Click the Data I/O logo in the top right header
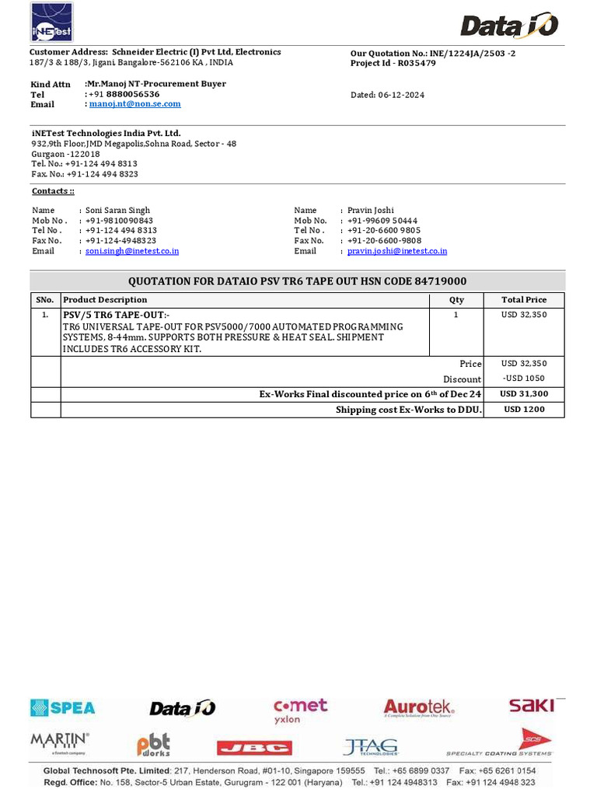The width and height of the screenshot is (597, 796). click(509, 26)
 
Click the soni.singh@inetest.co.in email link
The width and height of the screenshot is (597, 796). click(132, 251)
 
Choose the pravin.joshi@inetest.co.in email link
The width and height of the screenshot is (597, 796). click(396, 251)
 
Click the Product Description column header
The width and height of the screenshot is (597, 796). click(105, 299)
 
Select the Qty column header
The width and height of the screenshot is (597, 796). click(456, 299)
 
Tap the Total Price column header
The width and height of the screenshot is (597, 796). click(524, 299)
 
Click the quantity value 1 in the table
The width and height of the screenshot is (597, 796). click(456, 315)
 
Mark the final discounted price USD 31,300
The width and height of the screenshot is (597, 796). click(524, 394)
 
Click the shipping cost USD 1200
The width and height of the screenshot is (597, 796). click(524, 410)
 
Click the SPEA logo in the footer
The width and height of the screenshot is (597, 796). click(63, 707)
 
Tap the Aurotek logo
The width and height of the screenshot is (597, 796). click(418, 707)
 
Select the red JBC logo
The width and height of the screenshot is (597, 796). click(254, 748)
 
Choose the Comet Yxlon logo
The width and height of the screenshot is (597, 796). click(300, 710)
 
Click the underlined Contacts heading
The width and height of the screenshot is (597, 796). click(53, 191)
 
